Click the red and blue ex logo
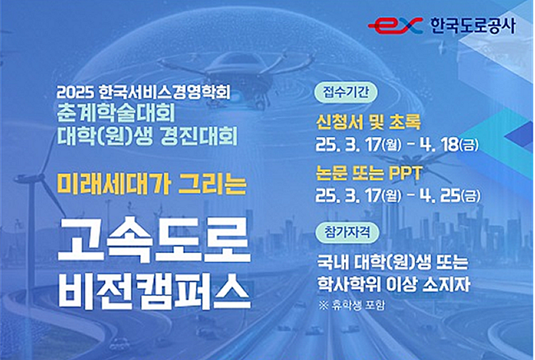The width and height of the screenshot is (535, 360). (x=395, y=26)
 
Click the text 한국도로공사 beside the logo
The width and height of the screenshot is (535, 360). (x=473, y=26)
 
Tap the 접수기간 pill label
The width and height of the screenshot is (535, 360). (x=346, y=92)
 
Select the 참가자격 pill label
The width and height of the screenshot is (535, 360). (x=347, y=232)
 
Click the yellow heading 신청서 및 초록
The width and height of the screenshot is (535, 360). (x=369, y=122)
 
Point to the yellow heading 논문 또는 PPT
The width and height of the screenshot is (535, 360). (x=369, y=174)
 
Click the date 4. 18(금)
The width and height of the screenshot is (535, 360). (x=449, y=145)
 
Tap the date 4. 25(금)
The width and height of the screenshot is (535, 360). (x=450, y=196)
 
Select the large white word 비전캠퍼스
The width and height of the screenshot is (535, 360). (x=154, y=291)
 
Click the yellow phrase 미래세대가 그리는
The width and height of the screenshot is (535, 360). (x=151, y=183)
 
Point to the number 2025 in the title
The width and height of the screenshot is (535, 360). (x=76, y=92)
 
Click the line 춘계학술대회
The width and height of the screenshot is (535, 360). (x=116, y=114)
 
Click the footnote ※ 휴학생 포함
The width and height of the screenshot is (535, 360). (x=352, y=305)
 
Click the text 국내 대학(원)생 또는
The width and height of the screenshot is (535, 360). (x=393, y=263)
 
